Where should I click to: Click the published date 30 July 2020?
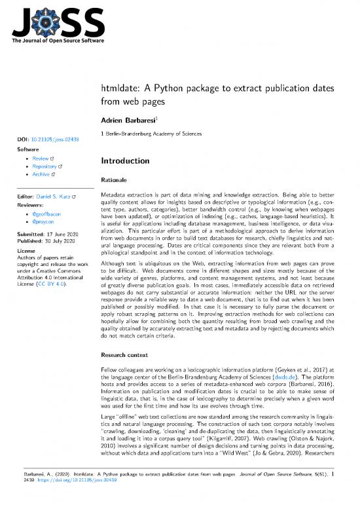click(x=58, y=241)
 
